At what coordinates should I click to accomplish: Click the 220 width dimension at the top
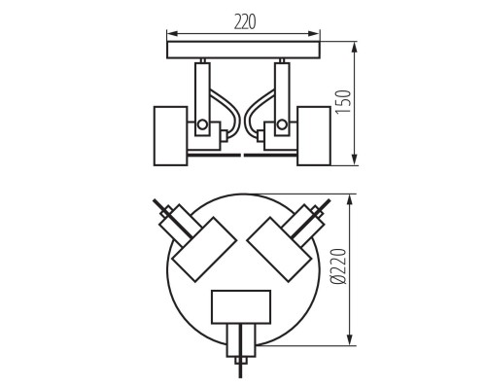point(243,21)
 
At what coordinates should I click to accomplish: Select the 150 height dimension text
point(370,103)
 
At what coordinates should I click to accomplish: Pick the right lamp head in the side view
point(315,134)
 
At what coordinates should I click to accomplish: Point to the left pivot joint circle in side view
point(202,125)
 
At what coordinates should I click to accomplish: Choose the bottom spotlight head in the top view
point(241,306)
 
